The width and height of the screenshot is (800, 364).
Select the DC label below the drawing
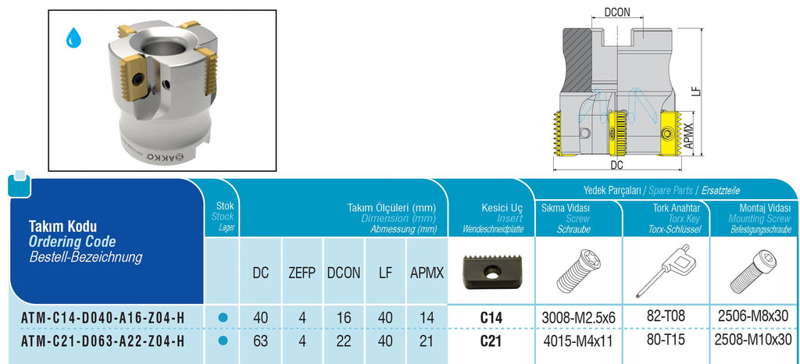617,166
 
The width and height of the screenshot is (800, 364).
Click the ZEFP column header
302,273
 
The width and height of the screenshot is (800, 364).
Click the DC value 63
260,340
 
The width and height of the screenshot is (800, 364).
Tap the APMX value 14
427,318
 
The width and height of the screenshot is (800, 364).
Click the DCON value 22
344,340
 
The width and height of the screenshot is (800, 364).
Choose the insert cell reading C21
491,341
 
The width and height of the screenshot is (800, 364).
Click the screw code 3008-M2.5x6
579,318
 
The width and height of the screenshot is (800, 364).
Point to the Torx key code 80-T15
667,339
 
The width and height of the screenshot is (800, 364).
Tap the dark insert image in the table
491,273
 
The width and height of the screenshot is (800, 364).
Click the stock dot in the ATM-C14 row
222,318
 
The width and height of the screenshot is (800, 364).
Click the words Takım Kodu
62,227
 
